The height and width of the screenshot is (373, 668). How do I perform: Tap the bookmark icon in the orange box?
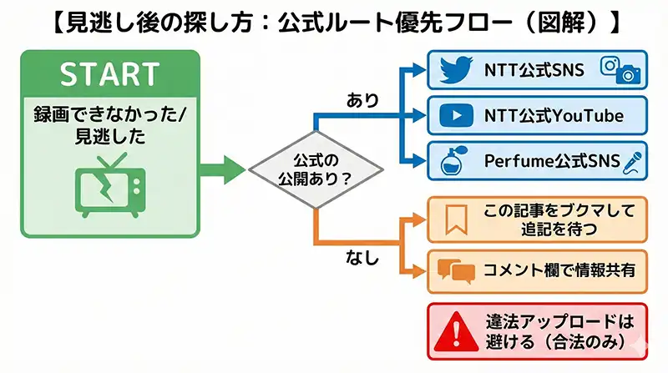[x=454, y=219]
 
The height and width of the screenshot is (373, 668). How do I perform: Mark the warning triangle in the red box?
[x=455, y=330]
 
